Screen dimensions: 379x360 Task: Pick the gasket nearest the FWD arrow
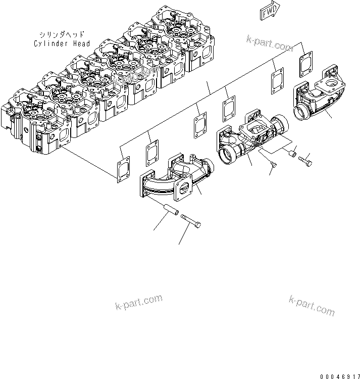[305, 64]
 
